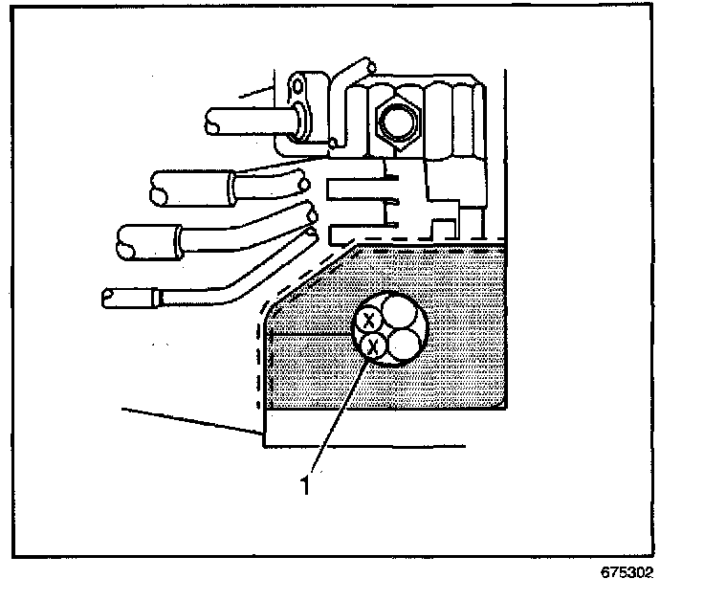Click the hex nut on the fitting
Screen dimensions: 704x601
click(x=396, y=119)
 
